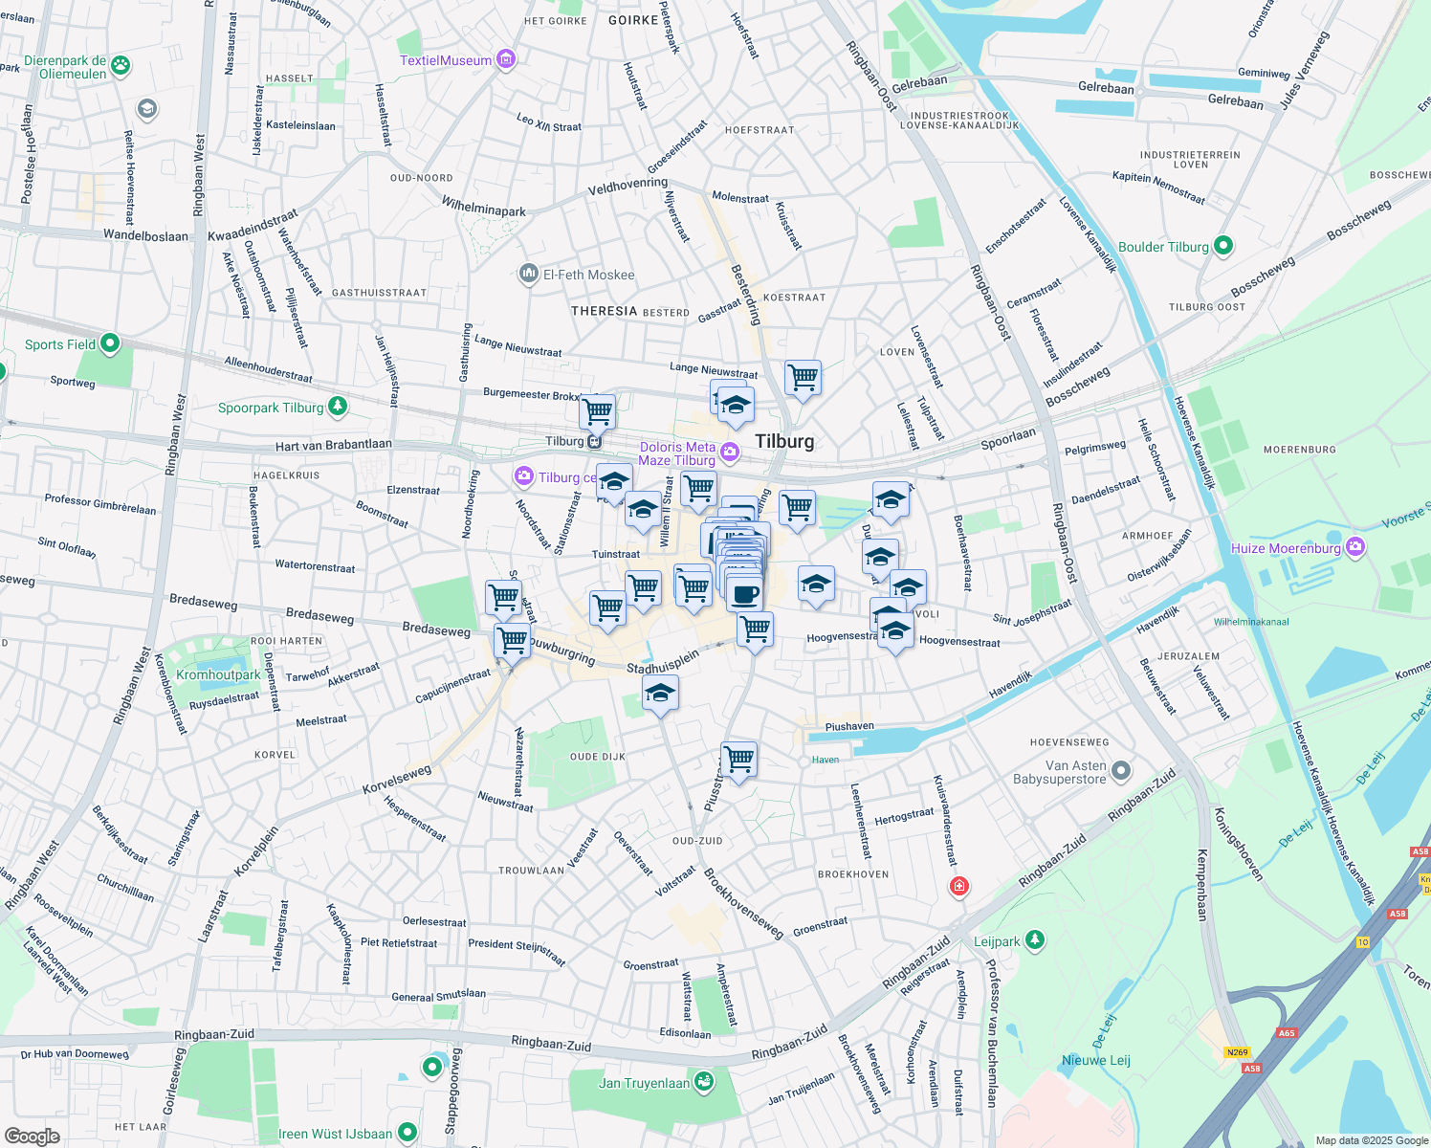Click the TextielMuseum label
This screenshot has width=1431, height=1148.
click(446, 60)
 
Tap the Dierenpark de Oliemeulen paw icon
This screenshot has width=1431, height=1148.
click(121, 66)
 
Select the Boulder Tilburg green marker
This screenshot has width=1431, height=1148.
click(1222, 246)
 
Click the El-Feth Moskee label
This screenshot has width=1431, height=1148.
click(588, 275)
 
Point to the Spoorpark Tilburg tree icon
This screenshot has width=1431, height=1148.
click(337, 407)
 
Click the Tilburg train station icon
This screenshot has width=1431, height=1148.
click(595, 441)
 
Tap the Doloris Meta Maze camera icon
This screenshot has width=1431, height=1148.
click(730, 452)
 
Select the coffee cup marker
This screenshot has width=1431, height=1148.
click(744, 594)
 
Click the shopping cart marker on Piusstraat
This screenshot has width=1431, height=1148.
click(739, 760)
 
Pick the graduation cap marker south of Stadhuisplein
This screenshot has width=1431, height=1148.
click(659, 693)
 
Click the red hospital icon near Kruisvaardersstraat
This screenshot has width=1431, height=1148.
click(958, 886)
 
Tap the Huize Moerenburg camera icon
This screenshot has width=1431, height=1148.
click(1354, 547)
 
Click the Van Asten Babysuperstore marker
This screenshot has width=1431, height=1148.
click(1122, 770)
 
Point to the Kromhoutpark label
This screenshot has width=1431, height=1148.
click(218, 674)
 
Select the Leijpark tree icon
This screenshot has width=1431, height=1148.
click(1034, 940)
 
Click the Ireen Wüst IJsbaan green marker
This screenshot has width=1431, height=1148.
click(407, 1133)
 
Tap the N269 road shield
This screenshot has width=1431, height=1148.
click(1237, 1052)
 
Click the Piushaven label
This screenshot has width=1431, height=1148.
click(848, 726)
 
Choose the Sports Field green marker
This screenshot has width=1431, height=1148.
click(110, 342)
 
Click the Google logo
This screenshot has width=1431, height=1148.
click(32, 1136)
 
